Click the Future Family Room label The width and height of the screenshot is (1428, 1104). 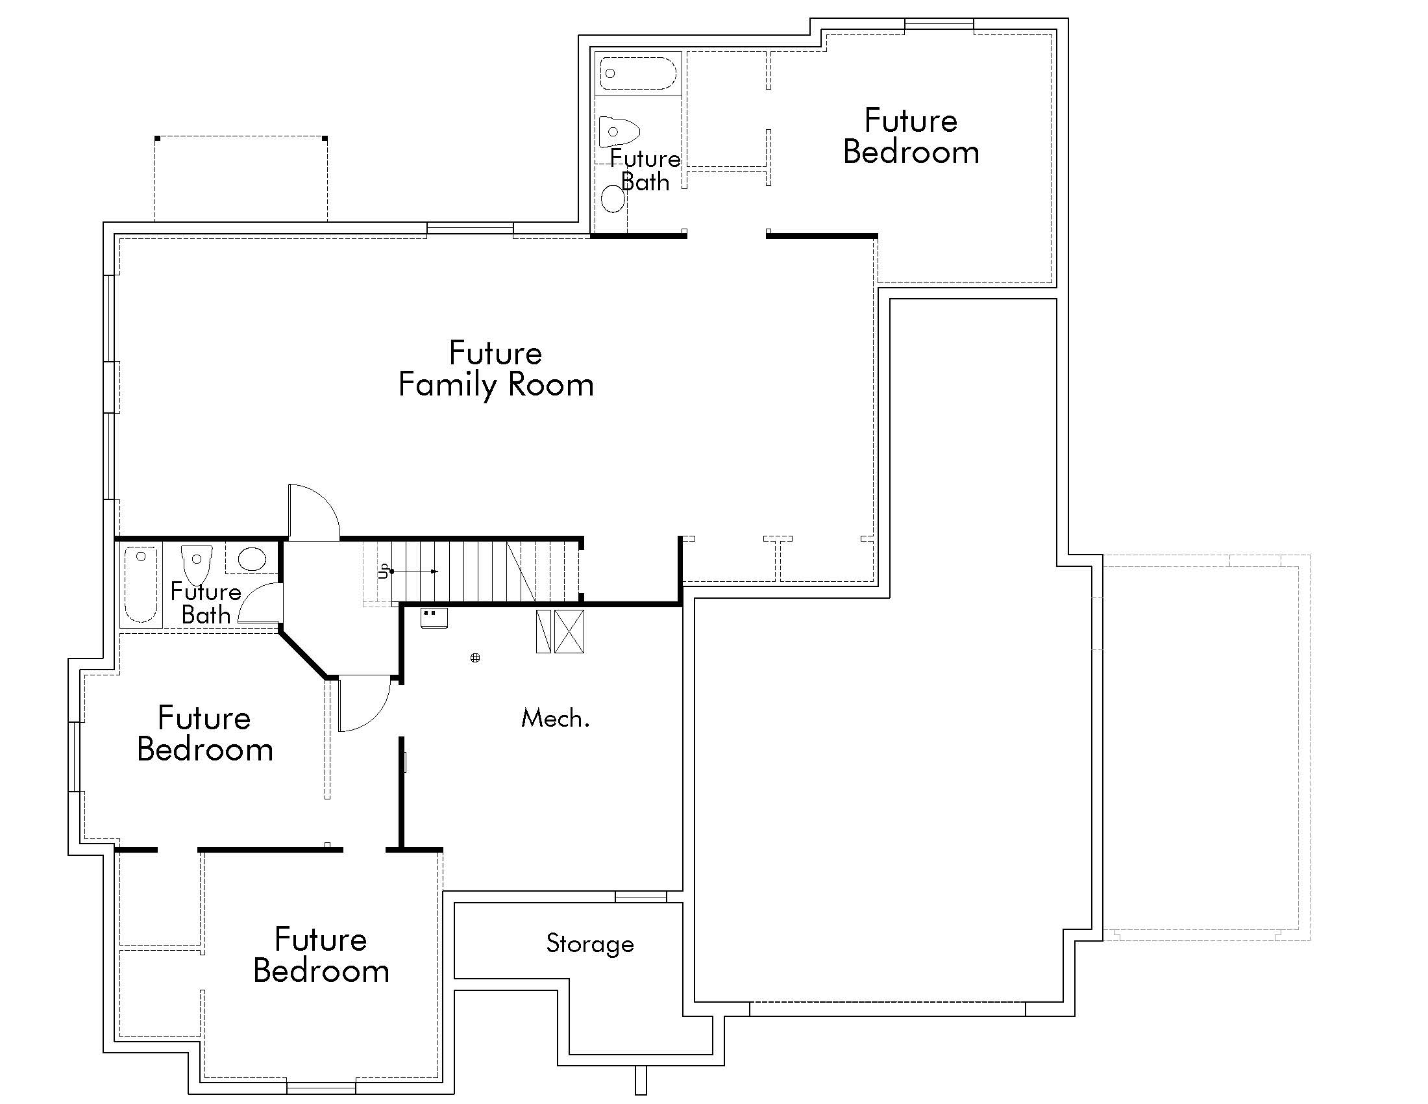(x=496, y=369)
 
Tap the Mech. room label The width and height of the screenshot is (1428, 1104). (x=555, y=719)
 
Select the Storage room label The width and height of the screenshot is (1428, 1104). (x=590, y=944)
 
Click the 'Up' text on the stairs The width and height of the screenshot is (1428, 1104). (x=384, y=571)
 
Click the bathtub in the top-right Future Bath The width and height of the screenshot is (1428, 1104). (x=637, y=73)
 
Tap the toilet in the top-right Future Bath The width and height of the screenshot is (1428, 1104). (x=618, y=131)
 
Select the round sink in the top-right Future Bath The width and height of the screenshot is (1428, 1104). (x=613, y=198)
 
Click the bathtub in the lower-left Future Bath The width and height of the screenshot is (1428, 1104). (x=141, y=584)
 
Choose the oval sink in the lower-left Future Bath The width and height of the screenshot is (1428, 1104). (x=252, y=559)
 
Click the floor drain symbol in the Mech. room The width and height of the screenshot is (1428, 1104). (x=475, y=658)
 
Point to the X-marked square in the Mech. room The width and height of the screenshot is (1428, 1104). (x=569, y=631)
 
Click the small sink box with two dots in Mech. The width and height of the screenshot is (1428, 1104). (x=434, y=618)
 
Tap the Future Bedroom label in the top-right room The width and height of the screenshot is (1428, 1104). (x=911, y=136)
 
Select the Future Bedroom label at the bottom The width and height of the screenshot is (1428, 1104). (x=321, y=955)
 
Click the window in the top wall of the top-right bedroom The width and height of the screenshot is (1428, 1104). (x=939, y=25)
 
